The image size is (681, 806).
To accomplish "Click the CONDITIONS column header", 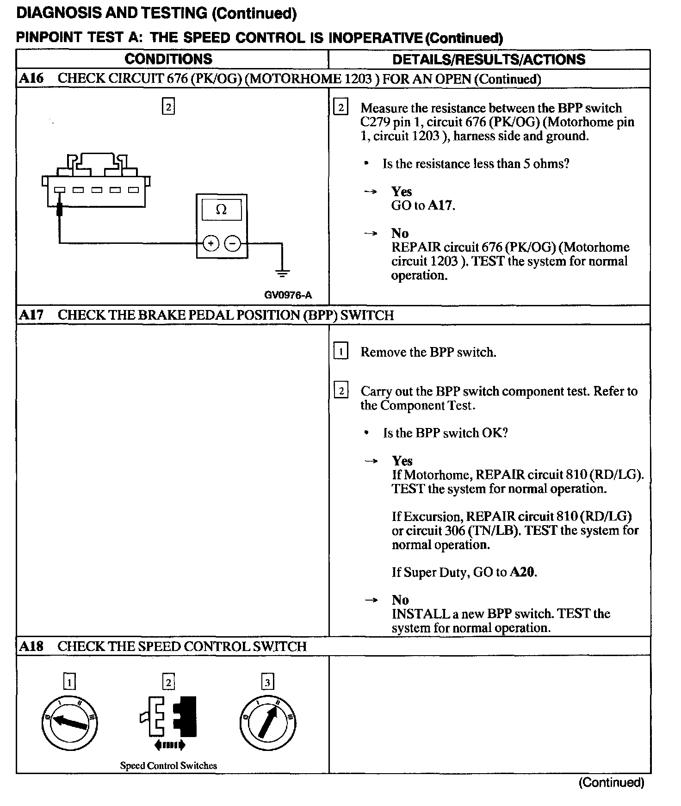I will click(x=168, y=59).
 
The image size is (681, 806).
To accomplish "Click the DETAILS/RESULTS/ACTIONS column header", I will click(x=489, y=60).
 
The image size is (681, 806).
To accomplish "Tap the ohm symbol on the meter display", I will click(x=222, y=210).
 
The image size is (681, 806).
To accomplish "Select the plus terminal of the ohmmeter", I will click(x=211, y=243).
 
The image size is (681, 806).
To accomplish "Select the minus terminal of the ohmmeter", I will click(x=233, y=243).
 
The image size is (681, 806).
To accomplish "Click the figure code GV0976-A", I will click(x=288, y=295).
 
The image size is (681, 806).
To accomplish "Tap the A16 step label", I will click(x=31, y=78).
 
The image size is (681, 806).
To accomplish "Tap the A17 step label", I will click(x=31, y=315).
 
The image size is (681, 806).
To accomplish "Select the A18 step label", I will click(x=31, y=646).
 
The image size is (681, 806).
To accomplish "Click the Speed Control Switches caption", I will click(x=168, y=766).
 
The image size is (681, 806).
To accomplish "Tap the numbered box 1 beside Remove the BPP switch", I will click(x=340, y=352).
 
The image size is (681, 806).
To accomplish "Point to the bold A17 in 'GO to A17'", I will click(x=440, y=205).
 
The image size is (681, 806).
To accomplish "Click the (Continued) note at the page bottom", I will click(x=611, y=782).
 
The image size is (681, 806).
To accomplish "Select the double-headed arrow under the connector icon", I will click(x=169, y=745).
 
